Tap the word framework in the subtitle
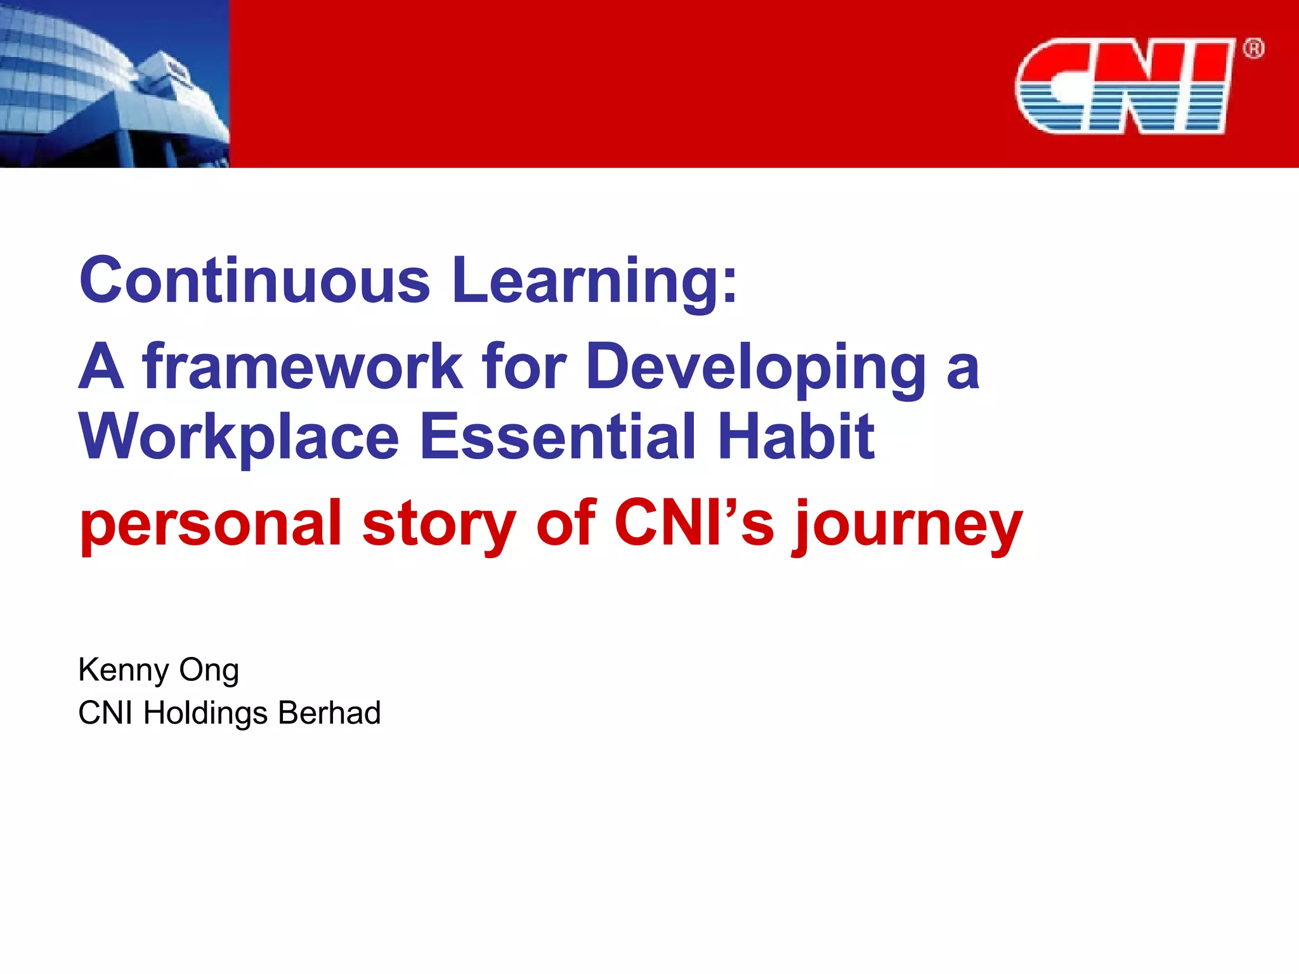click(x=303, y=367)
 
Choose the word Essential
click(x=558, y=437)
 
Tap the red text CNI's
click(x=694, y=523)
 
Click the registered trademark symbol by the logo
click(x=1253, y=49)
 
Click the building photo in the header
click(x=114, y=84)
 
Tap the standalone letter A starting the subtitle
click(x=101, y=367)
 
